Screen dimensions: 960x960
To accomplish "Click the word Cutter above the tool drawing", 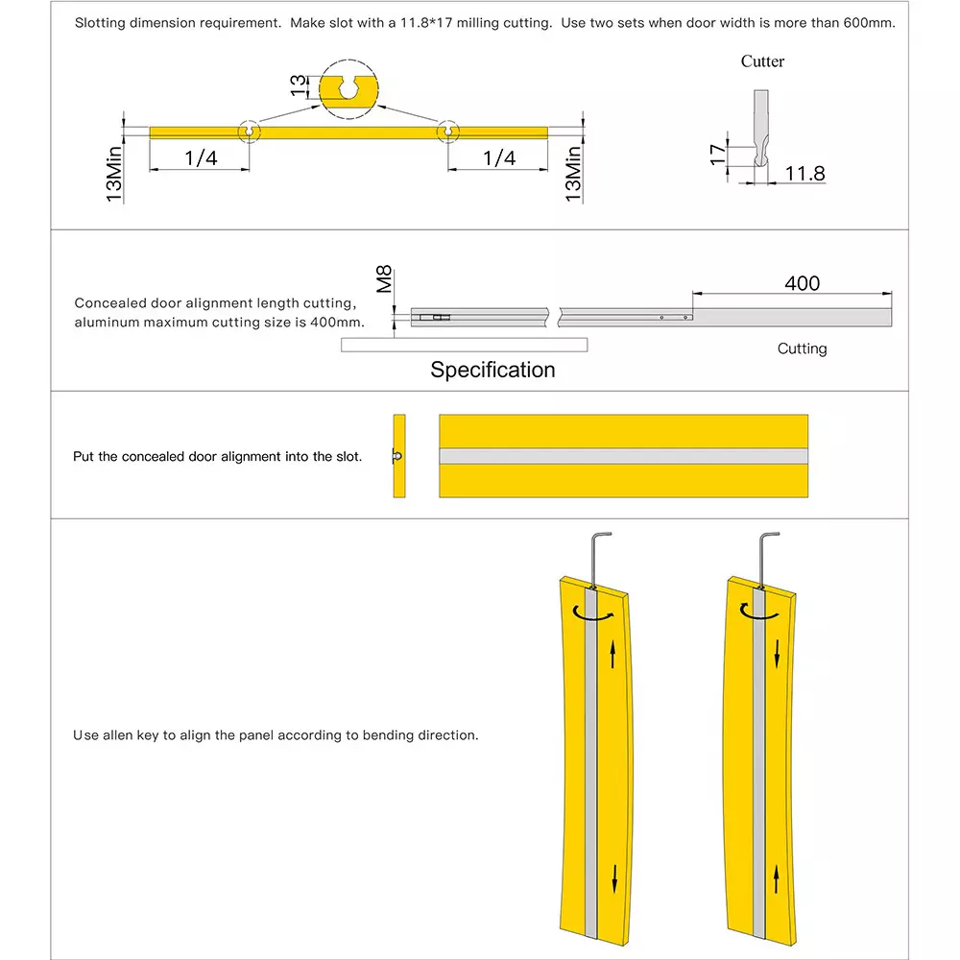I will (762, 61).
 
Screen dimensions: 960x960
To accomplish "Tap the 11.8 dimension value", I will (804, 174).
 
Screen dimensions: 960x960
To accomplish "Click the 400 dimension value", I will (802, 283).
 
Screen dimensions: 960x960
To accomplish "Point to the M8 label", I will (385, 279).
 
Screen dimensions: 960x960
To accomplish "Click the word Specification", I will (492, 370).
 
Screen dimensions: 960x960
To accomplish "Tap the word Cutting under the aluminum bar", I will (802, 348).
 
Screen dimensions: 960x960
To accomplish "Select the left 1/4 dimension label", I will (201, 158).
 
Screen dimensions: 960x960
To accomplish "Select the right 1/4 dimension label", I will (499, 158).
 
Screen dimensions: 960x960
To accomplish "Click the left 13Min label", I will (114, 174).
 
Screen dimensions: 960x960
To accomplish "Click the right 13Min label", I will (573, 174).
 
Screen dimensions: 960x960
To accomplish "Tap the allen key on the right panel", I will (767, 557).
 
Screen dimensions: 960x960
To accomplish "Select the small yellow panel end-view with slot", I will (399, 456).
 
